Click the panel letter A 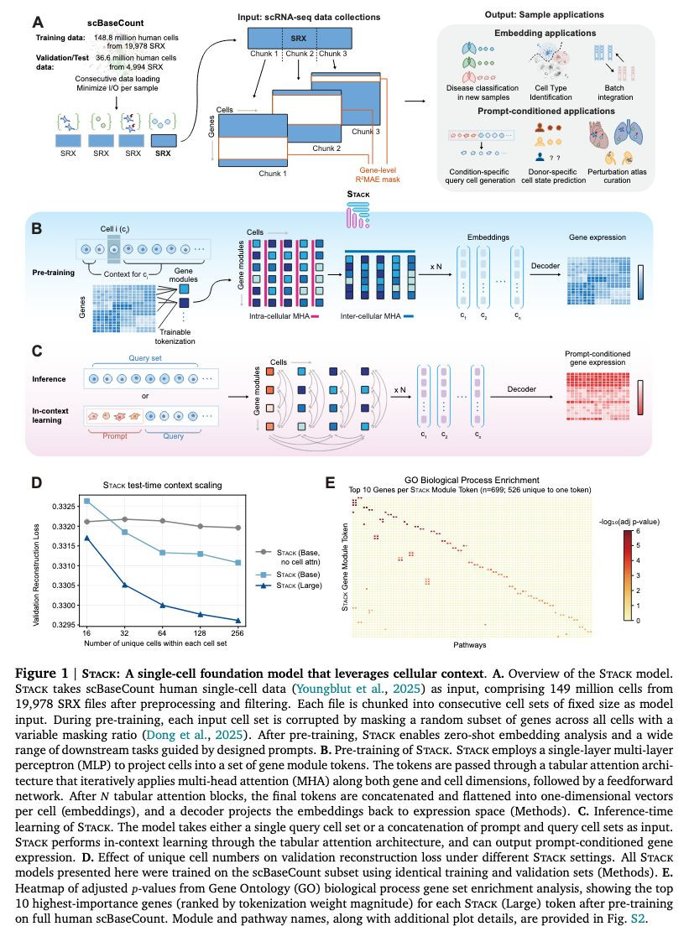tap(37, 23)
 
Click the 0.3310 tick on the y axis tap(64, 566)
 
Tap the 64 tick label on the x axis tap(162, 632)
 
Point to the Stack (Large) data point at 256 tap(238, 621)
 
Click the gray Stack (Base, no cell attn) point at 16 tap(87, 522)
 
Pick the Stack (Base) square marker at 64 tap(162, 553)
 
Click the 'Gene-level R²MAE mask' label tap(378, 174)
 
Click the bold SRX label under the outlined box tap(163, 154)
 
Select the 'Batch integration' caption tap(615, 92)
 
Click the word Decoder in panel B tap(545, 266)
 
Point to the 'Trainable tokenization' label tap(175, 336)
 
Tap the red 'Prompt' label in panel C tap(115, 436)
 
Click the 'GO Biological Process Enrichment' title tap(472, 480)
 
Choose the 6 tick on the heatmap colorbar tap(638, 532)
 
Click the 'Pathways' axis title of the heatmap tap(470, 644)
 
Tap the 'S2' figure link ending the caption tap(637, 919)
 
